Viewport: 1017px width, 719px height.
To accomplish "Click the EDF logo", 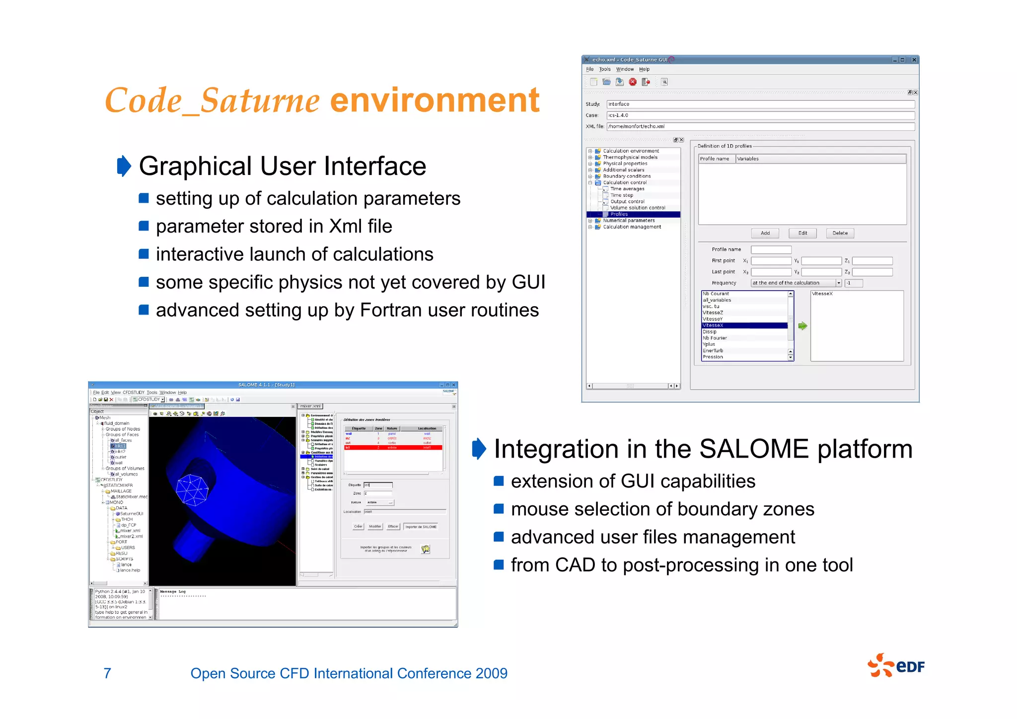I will pos(896,666).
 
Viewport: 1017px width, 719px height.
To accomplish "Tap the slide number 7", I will pos(107,673).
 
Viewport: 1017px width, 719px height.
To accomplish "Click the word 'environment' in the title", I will pos(435,100).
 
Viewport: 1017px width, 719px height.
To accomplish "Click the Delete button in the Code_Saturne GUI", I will pos(840,233).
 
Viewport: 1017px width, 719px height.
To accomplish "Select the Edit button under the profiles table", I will pos(802,233).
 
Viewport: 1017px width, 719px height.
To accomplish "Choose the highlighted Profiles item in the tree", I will pos(619,214).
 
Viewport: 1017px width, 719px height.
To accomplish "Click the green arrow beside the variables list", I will pos(802,326).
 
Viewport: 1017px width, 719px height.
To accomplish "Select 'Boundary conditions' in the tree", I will pos(627,176).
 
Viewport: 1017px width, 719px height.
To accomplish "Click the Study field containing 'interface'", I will pos(760,104).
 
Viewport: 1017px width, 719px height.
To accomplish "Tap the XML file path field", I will pos(760,127).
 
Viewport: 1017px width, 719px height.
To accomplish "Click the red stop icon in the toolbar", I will pos(633,82).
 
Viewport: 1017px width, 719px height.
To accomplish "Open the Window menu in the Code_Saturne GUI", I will pos(625,70).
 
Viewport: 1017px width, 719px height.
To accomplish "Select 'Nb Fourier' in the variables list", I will pos(715,338).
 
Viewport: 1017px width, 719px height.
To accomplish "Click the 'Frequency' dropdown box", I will pos(796,283).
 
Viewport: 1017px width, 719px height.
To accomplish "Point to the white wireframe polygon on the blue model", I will pos(192,490).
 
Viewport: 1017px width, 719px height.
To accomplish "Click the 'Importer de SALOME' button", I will pos(421,527).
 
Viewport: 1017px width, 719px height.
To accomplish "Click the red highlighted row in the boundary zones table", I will pos(393,448).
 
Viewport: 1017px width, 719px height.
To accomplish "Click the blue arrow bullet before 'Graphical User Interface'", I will pos(124,166).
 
